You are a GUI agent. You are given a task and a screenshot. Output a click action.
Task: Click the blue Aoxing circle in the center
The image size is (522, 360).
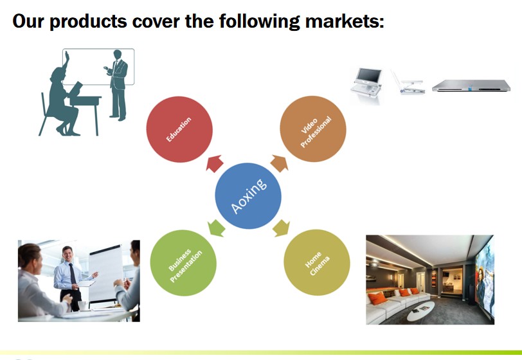248,196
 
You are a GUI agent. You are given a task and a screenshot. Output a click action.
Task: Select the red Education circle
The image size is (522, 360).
179,129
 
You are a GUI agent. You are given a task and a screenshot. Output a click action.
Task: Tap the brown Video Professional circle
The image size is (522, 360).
313,129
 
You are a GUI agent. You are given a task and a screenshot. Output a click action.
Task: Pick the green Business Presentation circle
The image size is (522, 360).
183,263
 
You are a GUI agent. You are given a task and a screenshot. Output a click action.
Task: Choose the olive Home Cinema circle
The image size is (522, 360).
317,262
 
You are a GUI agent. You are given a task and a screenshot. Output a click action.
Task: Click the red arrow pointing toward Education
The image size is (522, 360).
215,163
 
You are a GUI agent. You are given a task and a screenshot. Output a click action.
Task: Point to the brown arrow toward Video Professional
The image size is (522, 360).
279,163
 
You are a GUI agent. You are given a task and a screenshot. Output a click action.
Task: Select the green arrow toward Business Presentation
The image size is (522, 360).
216,228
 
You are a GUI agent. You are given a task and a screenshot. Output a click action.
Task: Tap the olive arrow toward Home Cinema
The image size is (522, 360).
282,228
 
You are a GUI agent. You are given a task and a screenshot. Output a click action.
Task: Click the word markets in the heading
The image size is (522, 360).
344,21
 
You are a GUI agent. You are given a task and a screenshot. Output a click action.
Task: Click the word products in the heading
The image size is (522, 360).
88,22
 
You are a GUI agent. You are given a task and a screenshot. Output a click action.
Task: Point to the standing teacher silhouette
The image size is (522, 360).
117,85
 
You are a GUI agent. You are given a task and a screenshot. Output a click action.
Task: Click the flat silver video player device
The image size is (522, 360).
471,85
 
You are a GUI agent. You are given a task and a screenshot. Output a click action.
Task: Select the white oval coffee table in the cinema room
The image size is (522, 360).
421,310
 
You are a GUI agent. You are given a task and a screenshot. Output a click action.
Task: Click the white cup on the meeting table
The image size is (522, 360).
83,305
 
